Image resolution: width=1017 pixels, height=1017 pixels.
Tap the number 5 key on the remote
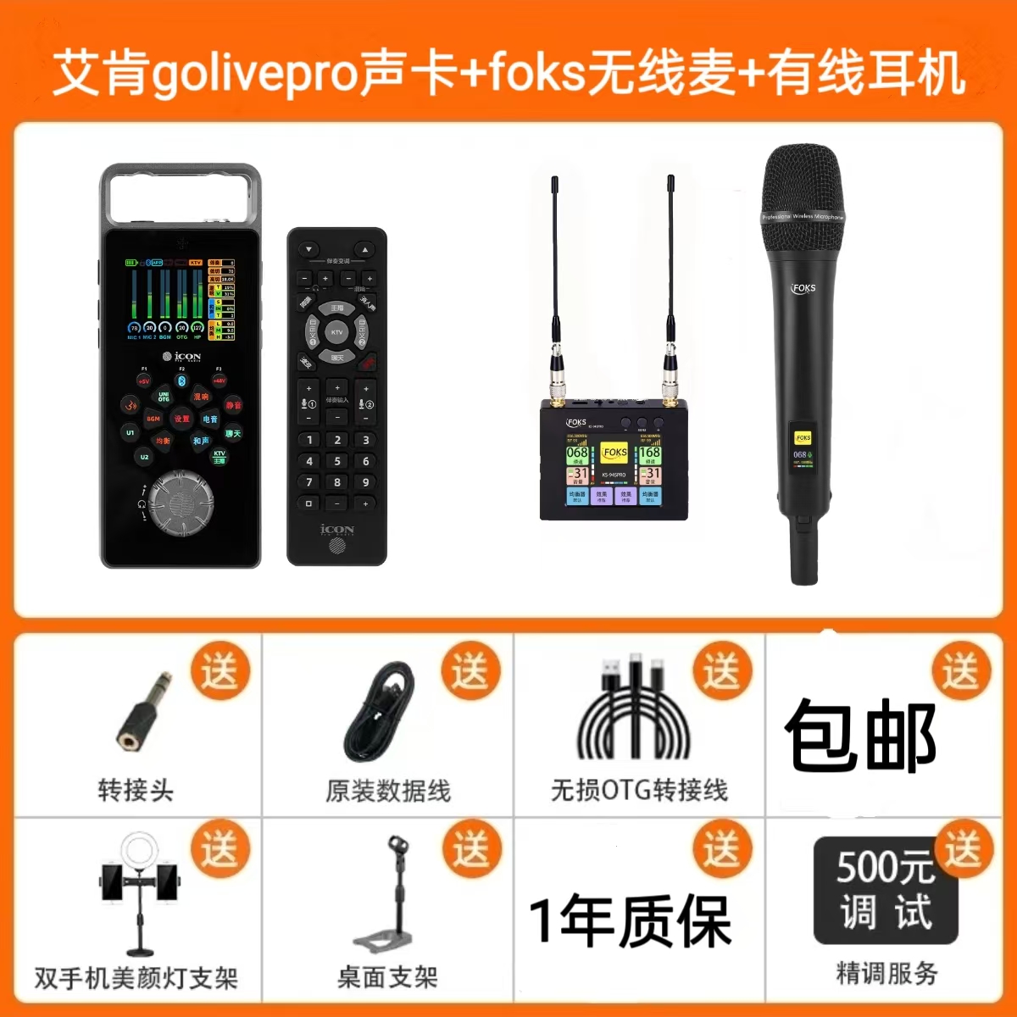[337, 461]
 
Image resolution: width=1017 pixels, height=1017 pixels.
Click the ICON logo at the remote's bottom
[337, 530]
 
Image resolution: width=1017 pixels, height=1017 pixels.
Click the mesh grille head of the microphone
[803, 195]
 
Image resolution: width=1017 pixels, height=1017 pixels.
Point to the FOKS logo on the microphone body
[803, 288]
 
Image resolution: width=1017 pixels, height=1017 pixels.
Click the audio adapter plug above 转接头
[144, 712]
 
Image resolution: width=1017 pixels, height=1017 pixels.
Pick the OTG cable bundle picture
[634, 712]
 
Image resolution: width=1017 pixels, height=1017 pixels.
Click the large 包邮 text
[860, 736]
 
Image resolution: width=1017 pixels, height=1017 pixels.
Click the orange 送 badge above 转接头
[220, 671]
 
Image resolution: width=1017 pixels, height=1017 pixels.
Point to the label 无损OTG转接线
[639, 790]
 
